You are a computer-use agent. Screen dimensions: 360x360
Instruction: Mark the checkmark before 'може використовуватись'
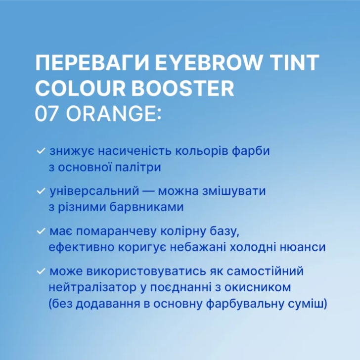coord(41,272)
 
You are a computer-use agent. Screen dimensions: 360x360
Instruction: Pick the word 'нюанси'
coord(306,248)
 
